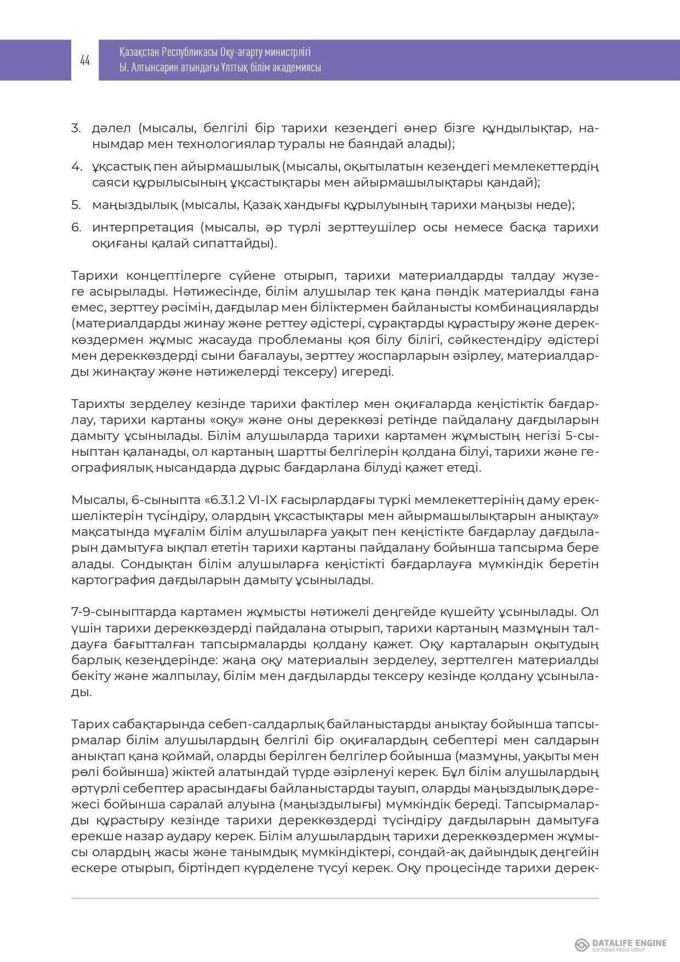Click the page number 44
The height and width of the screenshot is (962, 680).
coord(85,60)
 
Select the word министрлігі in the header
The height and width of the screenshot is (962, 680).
coord(288,53)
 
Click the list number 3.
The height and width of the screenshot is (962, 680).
coord(76,128)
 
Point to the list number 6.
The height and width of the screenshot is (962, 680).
coord(76,227)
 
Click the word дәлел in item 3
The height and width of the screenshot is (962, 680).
coord(111,128)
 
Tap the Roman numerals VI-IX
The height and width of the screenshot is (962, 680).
coord(263,500)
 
